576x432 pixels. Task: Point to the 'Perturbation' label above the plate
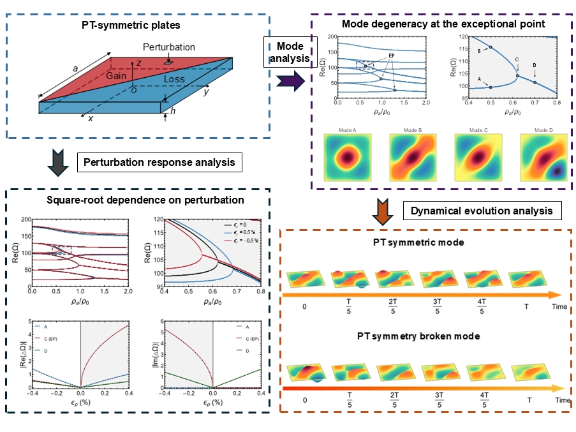[169, 48]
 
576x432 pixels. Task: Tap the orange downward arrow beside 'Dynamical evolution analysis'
[384, 212]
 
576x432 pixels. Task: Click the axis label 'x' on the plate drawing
[91, 119]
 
